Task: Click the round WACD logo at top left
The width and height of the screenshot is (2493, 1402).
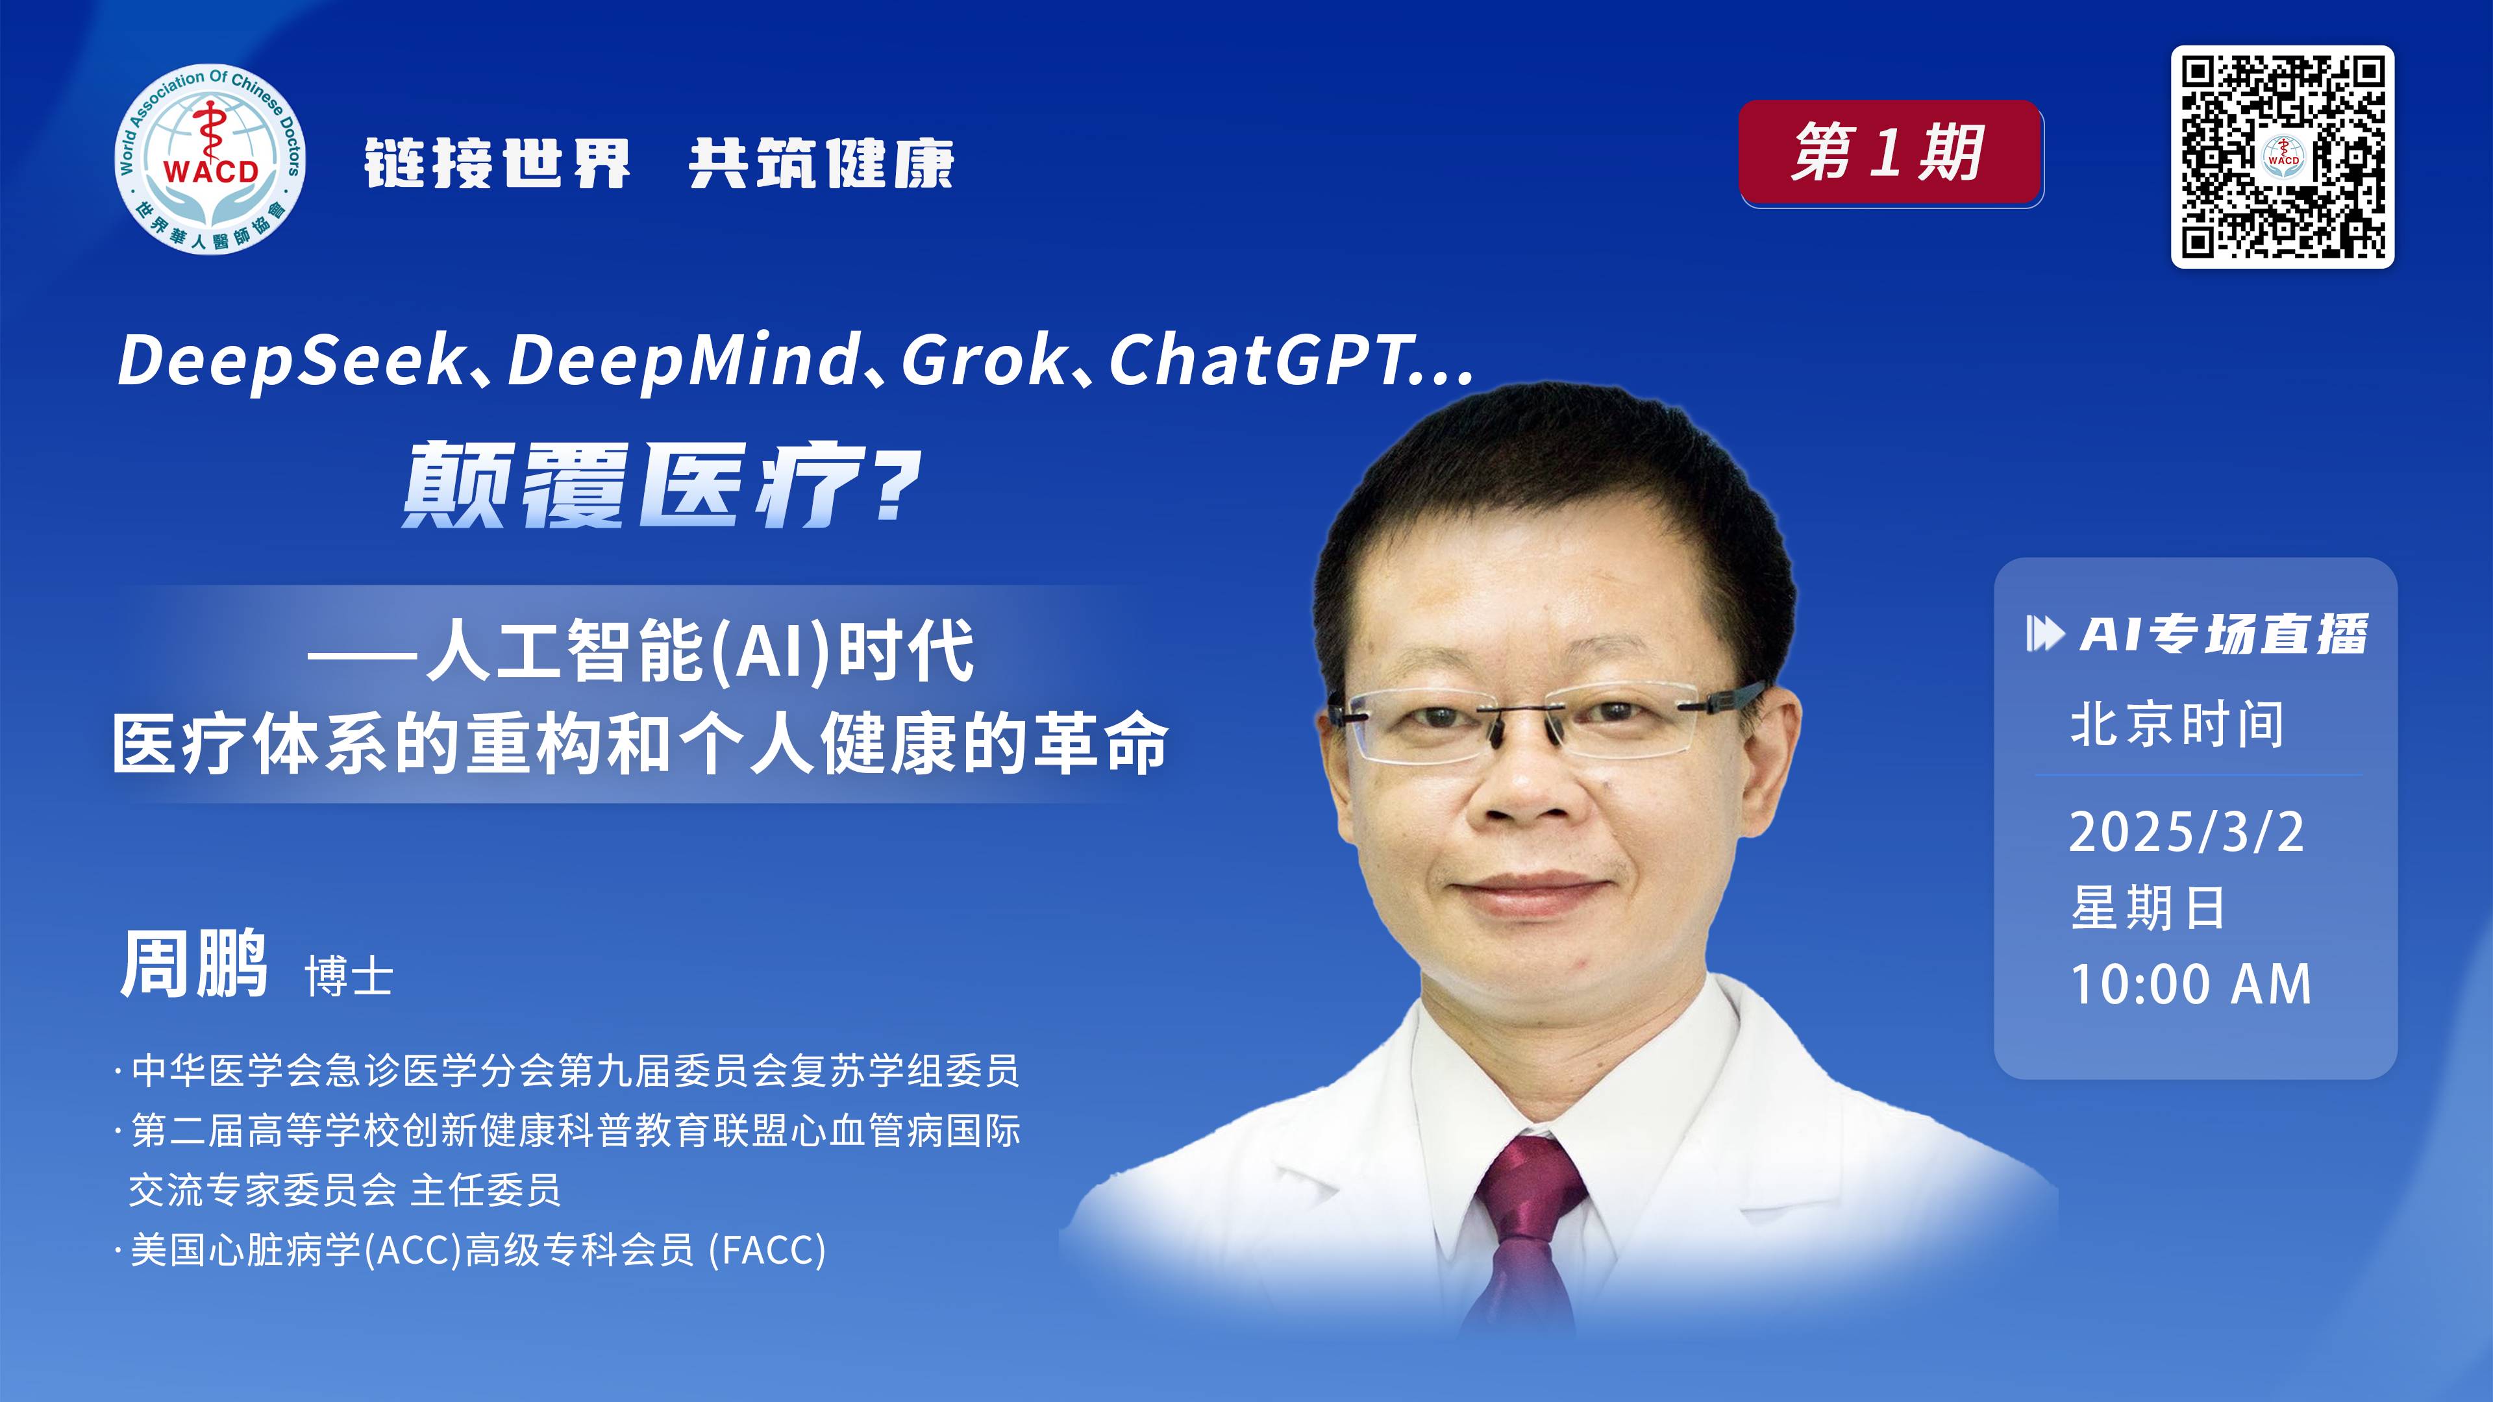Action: [x=210, y=160]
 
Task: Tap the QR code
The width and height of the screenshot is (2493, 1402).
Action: [x=2282, y=156]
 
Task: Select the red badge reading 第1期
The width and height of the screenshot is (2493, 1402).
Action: [x=1891, y=153]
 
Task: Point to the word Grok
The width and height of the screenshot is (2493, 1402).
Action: [x=984, y=361]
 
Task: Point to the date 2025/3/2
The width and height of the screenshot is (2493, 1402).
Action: [x=2186, y=832]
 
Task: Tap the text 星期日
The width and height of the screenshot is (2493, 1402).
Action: [x=2148, y=907]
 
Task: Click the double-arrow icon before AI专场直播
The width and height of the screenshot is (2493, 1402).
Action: [x=2045, y=635]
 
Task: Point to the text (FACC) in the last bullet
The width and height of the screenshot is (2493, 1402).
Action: [x=767, y=1250]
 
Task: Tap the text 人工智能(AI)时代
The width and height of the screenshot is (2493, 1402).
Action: [x=700, y=651]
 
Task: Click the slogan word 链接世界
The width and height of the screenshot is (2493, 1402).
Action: [x=497, y=162]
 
